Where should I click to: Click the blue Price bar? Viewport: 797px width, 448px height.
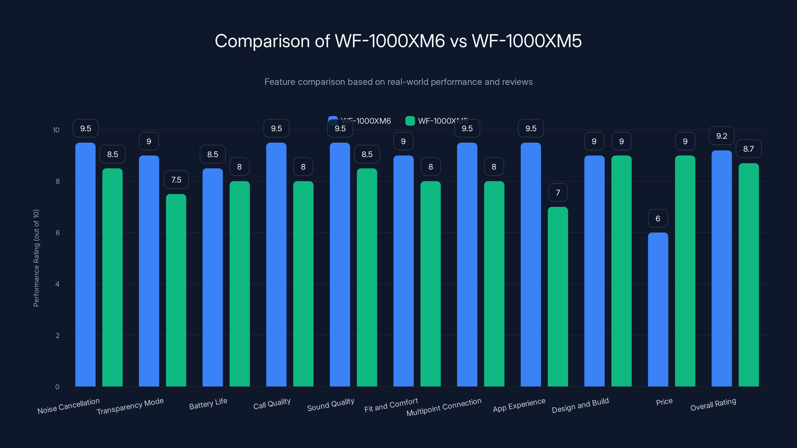(x=658, y=309)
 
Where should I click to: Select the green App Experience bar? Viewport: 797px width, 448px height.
(x=558, y=297)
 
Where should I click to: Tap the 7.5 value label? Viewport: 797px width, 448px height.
(x=176, y=180)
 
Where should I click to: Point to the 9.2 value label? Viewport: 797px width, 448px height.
(x=722, y=136)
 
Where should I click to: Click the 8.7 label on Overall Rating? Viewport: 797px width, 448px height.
(x=748, y=149)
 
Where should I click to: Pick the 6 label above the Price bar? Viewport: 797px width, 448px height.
(x=658, y=219)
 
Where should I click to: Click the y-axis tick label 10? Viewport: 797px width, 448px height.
(x=56, y=130)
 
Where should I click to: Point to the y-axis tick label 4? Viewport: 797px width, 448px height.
(x=57, y=284)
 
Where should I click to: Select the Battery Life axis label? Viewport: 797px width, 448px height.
(x=208, y=403)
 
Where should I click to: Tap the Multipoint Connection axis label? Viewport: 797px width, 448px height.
(x=444, y=407)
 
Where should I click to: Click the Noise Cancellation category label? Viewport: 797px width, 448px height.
(x=68, y=406)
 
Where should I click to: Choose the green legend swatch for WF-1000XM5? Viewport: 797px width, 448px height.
(x=410, y=121)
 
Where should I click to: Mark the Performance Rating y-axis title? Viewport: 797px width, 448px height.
(x=36, y=258)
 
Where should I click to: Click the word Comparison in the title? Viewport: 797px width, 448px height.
(x=262, y=41)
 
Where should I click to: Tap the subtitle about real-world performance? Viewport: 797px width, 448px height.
(x=398, y=82)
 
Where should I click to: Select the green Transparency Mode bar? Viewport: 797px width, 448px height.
(x=176, y=291)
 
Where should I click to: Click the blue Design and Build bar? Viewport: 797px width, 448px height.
(x=594, y=271)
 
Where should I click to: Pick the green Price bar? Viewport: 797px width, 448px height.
(x=685, y=271)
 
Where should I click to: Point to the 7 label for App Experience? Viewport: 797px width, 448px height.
(x=558, y=193)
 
